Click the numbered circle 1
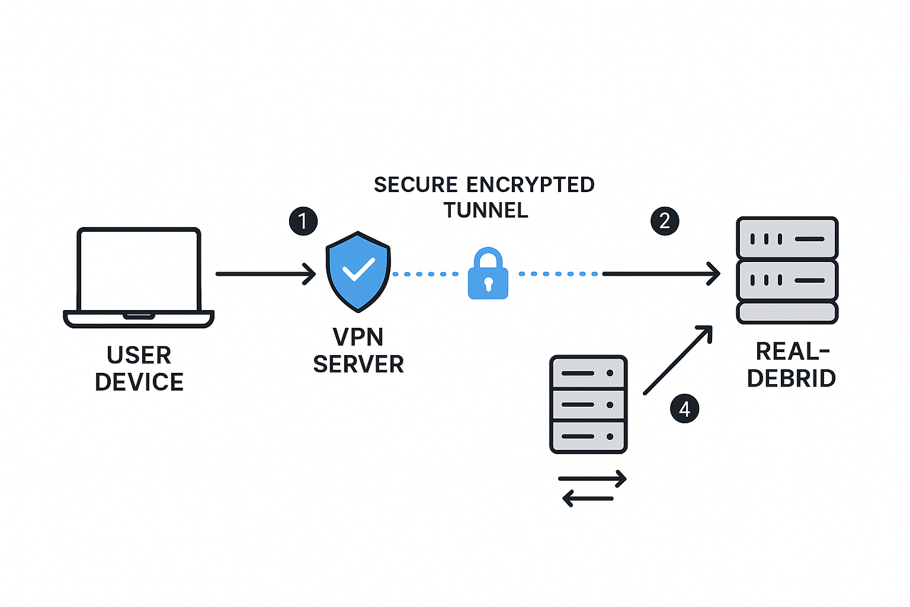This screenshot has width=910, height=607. [x=303, y=221]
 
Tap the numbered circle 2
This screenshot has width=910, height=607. [x=665, y=221]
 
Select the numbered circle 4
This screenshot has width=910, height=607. [x=684, y=409]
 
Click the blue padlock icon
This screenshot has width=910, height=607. [x=488, y=274]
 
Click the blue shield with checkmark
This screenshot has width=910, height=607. [x=358, y=271]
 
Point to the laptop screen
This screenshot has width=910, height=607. [x=139, y=269]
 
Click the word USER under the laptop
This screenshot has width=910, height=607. [x=139, y=356]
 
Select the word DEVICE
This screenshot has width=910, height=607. [x=139, y=382]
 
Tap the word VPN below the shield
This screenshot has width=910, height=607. [x=358, y=337]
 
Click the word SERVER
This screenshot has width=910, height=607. [x=358, y=365]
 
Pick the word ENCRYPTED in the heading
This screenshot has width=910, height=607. [x=530, y=185]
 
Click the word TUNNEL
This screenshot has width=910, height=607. [x=486, y=210]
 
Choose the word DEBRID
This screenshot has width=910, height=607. [x=791, y=378]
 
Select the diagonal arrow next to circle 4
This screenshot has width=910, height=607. [x=677, y=360]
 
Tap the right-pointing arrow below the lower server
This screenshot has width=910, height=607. [x=592, y=478]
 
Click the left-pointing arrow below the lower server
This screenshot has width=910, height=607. [x=588, y=498]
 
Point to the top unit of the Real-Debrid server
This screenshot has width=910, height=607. [x=787, y=238]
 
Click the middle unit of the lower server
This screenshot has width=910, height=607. [x=588, y=405]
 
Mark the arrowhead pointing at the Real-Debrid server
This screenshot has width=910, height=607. [x=714, y=274]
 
